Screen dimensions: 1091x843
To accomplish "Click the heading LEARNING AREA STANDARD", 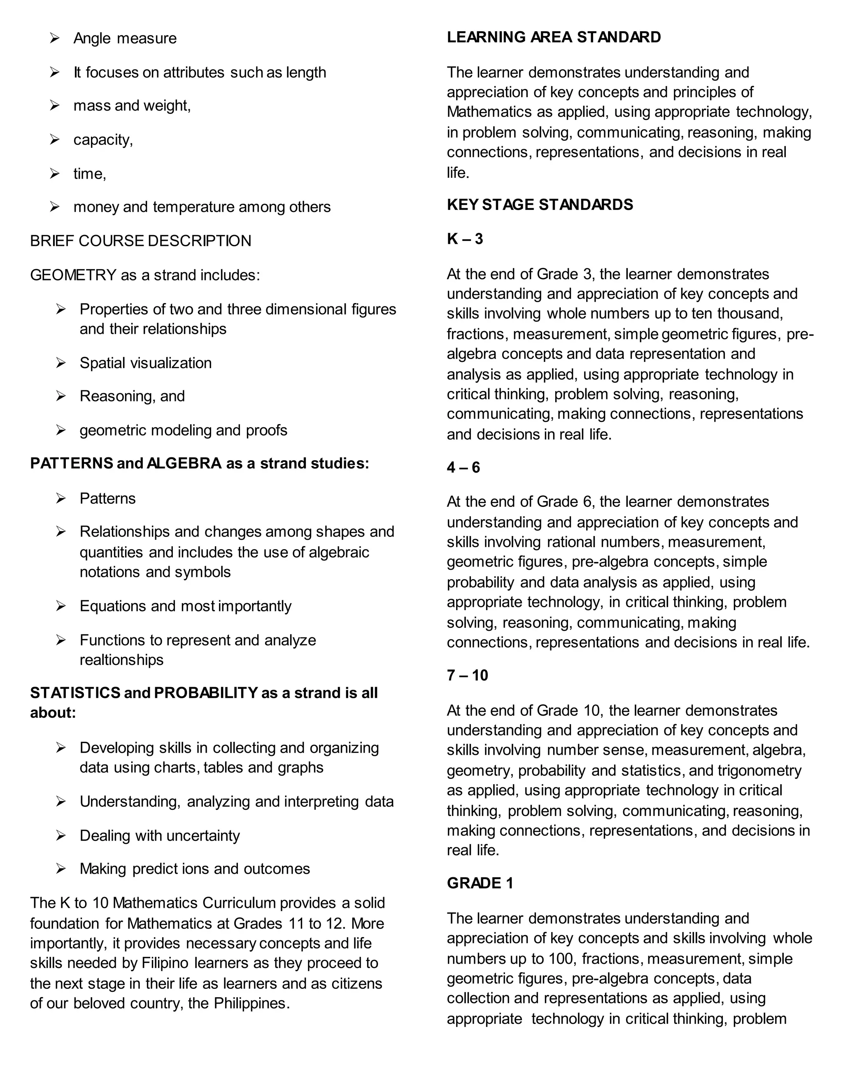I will pyautogui.click(x=553, y=37).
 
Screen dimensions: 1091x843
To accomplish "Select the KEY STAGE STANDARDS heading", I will pyautogui.click(x=539, y=205).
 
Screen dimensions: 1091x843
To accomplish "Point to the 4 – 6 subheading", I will pyautogui.click(x=463, y=468).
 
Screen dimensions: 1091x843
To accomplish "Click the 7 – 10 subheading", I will pyautogui.click(x=467, y=675).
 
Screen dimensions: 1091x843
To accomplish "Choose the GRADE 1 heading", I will pyautogui.click(x=480, y=883).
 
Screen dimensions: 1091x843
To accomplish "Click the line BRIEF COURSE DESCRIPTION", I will pyautogui.click(x=140, y=241).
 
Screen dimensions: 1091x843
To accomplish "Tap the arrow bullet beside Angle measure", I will pyautogui.click(x=54, y=38).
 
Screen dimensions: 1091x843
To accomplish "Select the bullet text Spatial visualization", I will pyautogui.click(x=145, y=363).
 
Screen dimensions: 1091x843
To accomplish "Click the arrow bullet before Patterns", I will pyautogui.click(x=61, y=498).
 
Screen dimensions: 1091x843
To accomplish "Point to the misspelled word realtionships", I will pyautogui.click(x=121, y=660).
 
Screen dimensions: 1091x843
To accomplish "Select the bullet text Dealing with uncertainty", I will pyautogui.click(x=159, y=835).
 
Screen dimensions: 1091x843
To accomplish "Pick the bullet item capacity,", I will pyautogui.click(x=103, y=140).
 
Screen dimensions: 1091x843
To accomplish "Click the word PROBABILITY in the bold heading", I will pyautogui.click(x=205, y=693).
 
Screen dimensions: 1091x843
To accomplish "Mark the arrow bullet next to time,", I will pyautogui.click(x=54, y=173).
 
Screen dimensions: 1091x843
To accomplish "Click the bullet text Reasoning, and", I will pyautogui.click(x=132, y=396).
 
